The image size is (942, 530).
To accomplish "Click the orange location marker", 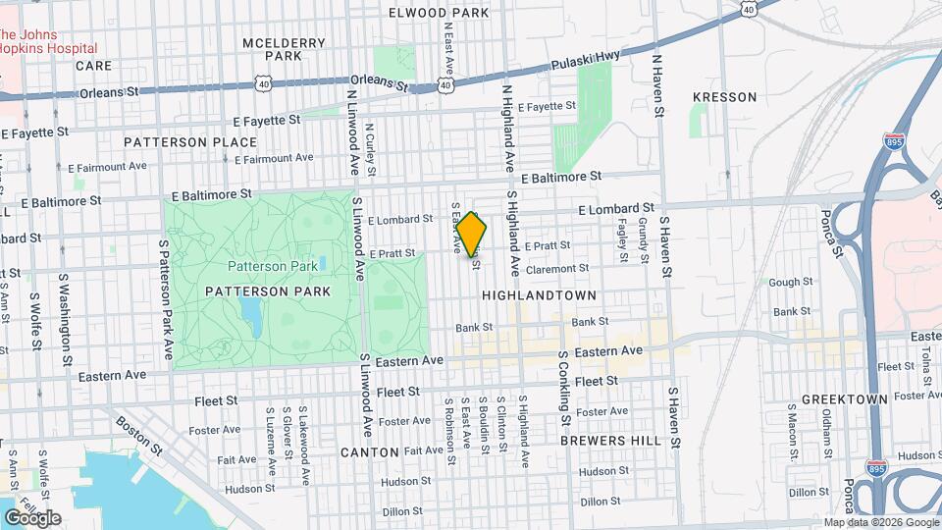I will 472,235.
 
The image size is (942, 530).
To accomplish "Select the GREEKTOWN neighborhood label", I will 844,399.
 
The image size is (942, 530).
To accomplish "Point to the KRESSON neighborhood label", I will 724,97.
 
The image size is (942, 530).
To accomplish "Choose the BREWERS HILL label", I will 610,441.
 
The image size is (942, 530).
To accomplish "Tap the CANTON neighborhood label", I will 370,452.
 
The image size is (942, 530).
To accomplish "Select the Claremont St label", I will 556,267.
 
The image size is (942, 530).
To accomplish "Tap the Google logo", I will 32,517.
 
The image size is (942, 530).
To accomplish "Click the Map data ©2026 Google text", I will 879,522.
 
